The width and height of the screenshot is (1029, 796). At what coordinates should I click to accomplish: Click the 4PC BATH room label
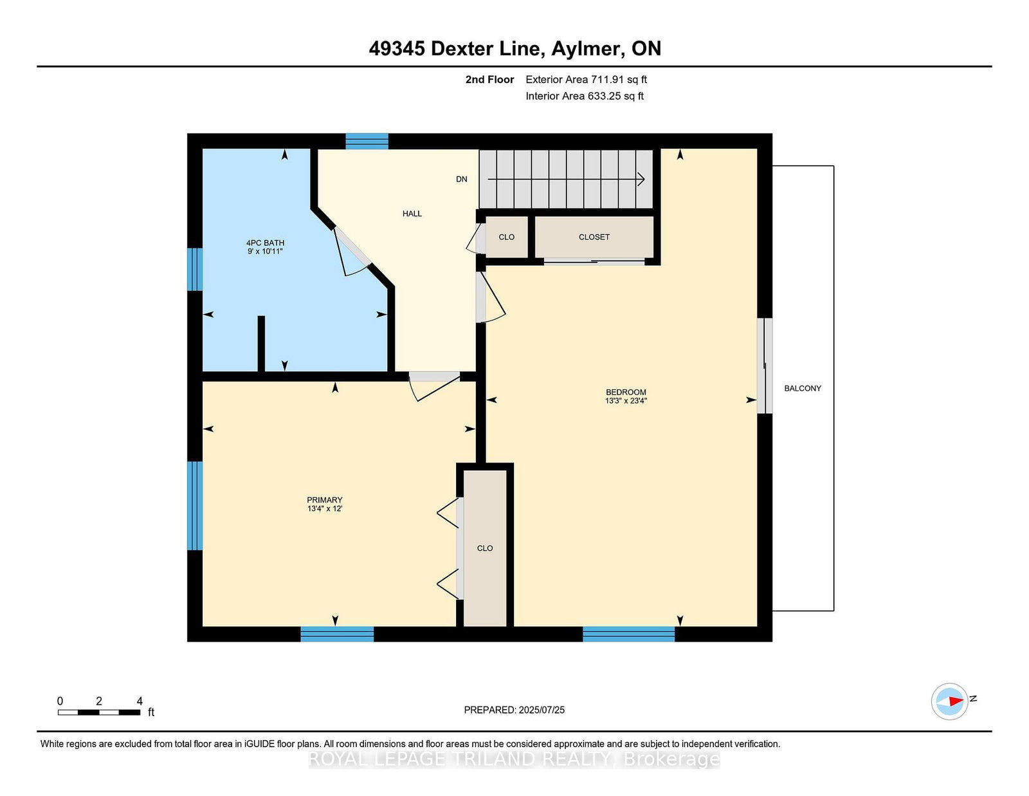pyautogui.click(x=265, y=243)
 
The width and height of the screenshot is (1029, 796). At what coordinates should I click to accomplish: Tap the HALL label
pyautogui.click(x=412, y=214)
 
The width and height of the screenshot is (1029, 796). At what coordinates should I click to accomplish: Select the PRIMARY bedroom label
pyautogui.click(x=324, y=500)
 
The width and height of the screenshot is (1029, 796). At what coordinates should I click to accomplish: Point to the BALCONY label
pyautogui.click(x=803, y=389)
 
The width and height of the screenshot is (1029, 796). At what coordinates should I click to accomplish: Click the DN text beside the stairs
pyautogui.click(x=462, y=179)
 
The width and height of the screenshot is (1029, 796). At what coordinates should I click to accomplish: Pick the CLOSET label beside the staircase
pyautogui.click(x=594, y=237)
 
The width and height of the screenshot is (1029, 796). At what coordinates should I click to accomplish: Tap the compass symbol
pyautogui.click(x=949, y=701)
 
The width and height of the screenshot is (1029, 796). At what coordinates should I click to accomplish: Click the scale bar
pyautogui.click(x=99, y=712)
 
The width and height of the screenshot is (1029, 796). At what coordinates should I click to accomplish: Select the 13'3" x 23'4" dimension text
pyautogui.click(x=626, y=401)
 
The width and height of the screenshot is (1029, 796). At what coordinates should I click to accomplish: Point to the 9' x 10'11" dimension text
pyautogui.click(x=265, y=252)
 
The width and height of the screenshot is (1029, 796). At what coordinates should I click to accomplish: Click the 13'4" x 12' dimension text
pyautogui.click(x=324, y=509)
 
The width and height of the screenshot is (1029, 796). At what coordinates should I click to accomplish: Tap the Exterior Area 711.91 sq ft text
pyautogui.click(x=587, y=80)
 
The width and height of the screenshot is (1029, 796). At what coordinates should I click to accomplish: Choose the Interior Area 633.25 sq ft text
pyautogui.click(x=585, y=96)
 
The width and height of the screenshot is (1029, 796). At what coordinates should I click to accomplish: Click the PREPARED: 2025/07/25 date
pyautogui.click(x=514, y=710)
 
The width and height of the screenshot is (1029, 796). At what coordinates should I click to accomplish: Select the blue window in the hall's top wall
pyautogui.click(x=367, y=141)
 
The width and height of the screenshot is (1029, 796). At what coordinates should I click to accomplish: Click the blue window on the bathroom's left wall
pyautogui.click(x=195, y=269)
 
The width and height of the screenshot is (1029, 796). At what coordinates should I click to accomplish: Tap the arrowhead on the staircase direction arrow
pyautogui.click(x=641, y=180)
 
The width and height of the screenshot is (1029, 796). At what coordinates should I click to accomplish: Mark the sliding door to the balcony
pyautogui.click(x=765, y=366)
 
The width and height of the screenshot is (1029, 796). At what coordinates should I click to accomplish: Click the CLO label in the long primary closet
pyautogui.click(x=485, y=548)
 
